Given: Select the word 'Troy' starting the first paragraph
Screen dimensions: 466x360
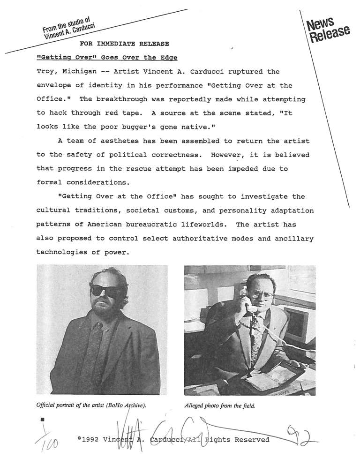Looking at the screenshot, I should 45,72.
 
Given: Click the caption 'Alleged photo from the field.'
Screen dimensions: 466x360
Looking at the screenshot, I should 220,406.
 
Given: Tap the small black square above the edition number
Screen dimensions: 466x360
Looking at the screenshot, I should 42,418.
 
